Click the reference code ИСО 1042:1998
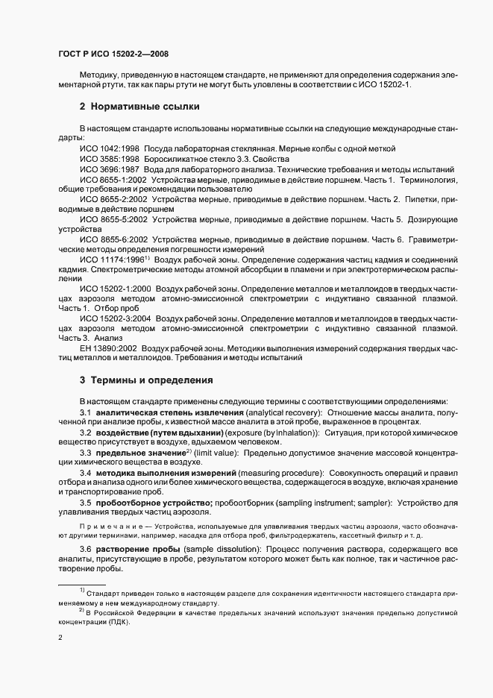[110, 149]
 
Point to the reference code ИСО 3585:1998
[110, 159]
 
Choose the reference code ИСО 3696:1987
[110, 169]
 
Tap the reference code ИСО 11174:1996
[111, 259]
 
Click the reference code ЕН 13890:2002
[109, 348]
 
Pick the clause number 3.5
[86, 503]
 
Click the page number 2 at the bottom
[61, 638]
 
